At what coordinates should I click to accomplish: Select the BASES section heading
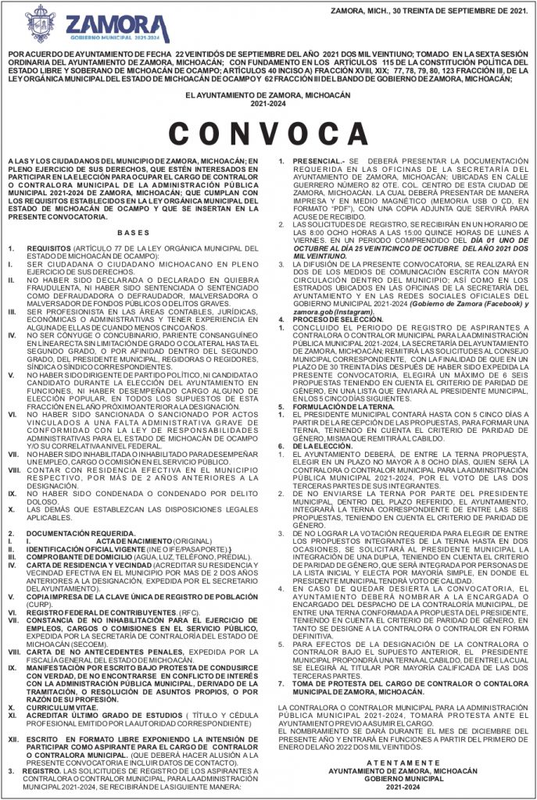(132, 234)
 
